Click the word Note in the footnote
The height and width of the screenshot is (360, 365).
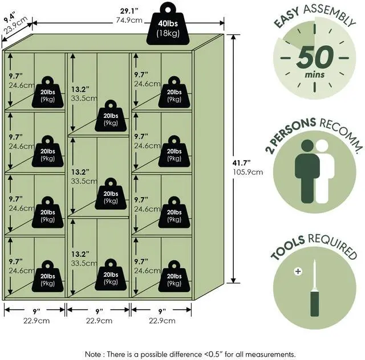(95, 354)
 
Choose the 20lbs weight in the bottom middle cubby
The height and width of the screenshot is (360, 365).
(111, 277)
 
